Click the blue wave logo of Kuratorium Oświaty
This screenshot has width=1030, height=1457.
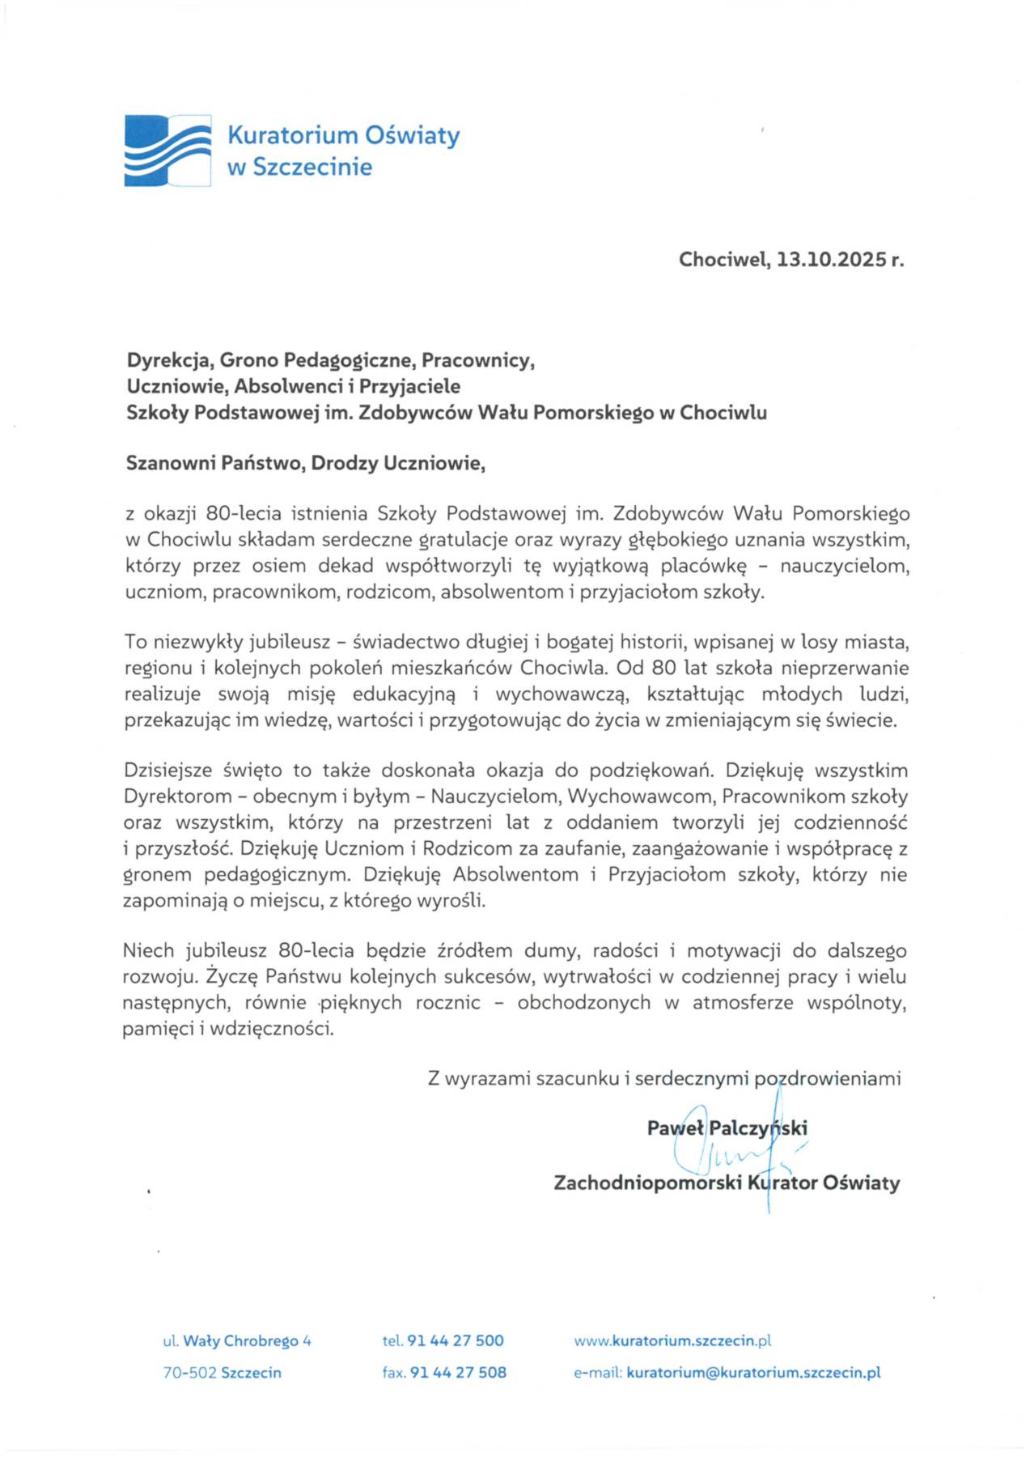click(167, 151)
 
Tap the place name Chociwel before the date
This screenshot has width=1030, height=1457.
click(723, 260)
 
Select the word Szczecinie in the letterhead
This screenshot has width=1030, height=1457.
click(312, 168)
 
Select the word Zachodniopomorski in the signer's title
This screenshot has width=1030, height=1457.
click(647, 1183)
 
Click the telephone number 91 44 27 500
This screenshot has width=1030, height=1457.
click(456, 1340)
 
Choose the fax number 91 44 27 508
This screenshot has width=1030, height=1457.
click(458, 1373)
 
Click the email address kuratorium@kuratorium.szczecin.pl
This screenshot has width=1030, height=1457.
click(752, 1373)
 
